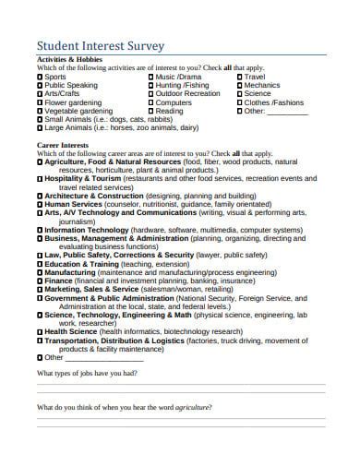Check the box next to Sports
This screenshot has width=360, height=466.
click(40, 77)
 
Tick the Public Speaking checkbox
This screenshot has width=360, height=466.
click(40, 85)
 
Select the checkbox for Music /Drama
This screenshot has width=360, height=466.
click(151, 77)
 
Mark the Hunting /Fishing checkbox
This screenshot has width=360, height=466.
click(151, 85)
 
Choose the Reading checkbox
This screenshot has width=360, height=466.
click(151, 111)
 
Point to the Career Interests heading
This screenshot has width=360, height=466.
click(61, 146)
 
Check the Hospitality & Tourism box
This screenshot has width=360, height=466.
click(40, 180)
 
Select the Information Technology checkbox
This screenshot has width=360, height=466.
click(40, 230)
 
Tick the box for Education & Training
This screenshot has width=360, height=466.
click(40, 264)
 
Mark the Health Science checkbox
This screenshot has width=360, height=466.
click(40, 330)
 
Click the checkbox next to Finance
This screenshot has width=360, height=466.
click(40, 281)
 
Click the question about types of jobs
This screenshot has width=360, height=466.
click(87, 373)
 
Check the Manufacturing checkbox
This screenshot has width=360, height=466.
click(40, 272)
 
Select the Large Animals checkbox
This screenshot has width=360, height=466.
click(40, 128)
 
